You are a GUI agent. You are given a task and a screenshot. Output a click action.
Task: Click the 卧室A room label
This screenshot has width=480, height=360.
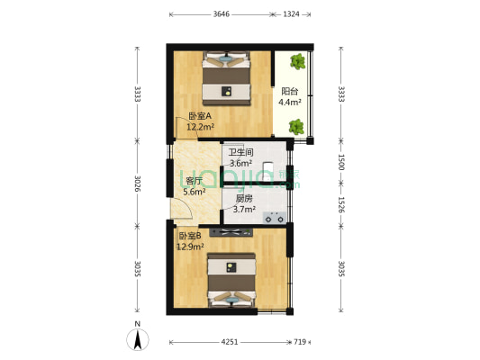tap(200, 116)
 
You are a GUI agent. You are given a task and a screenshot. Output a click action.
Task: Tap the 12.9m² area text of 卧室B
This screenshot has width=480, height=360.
tap(190, 246)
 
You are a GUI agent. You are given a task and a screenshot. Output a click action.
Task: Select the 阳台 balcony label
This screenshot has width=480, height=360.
tap(289, 91)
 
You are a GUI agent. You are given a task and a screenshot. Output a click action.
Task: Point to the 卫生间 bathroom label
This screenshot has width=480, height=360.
tap(240, 152)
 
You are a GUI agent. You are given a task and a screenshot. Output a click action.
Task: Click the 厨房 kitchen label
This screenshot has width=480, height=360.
tap(244, 198)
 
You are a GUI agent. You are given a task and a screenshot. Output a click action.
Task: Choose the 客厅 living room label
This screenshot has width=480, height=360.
tap(194, 180)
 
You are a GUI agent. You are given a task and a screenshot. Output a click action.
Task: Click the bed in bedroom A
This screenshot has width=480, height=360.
tap(225, 77)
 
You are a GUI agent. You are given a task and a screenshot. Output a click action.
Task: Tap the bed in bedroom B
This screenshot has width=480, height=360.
tap(231, 280)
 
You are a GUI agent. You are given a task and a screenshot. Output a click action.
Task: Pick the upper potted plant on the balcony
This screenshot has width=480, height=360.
tap(297, 64)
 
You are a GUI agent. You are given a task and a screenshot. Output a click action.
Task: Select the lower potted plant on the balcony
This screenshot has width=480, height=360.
tap(296, 127)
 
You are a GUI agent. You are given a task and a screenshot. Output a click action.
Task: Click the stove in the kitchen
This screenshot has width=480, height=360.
tap(274, 217)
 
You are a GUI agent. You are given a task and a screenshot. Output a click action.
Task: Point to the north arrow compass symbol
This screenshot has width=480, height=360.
tap(137, 338)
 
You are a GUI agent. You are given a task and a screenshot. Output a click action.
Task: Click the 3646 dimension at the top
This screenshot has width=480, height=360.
tap(221, 14)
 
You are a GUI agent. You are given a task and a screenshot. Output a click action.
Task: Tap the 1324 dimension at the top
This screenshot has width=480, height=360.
tap(292, 14)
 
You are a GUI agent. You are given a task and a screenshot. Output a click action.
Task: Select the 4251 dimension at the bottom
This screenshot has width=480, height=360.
tap(231, 342)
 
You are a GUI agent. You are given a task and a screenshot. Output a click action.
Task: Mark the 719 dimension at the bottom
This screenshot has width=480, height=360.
tap(300, 342)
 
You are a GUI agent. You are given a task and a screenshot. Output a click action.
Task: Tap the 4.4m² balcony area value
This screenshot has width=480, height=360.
tap(289, 103)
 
